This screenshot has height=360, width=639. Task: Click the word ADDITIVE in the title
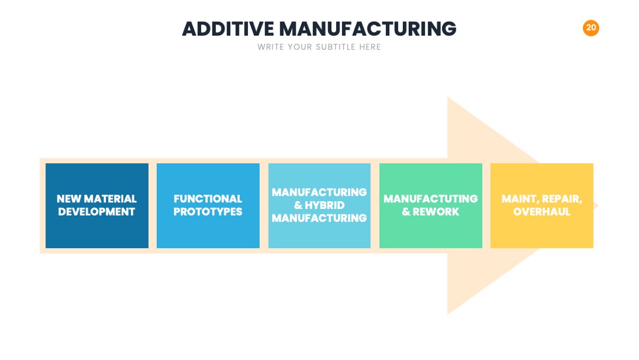pos(228,29)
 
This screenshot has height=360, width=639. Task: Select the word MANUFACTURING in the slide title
pos(367,29)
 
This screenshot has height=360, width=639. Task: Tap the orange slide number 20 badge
pos(591,28)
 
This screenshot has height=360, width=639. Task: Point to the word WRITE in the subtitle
pos(270,47)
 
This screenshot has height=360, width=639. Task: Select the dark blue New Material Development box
pos(97,205)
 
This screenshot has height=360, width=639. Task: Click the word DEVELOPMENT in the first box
pos(96,212)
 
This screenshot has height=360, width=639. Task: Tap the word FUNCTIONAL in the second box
pos(208,199)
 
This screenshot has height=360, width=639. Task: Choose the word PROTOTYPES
pos(208,212)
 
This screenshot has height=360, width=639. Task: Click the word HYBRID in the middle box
pos(325,205)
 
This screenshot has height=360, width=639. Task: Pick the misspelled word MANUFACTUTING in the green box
pos(430,199)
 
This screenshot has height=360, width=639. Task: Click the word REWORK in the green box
pos(436,212)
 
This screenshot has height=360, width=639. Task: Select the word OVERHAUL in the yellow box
pos(541,212)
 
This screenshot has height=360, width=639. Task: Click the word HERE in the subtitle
pos(370,47)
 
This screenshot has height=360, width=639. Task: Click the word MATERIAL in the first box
pos(110,199)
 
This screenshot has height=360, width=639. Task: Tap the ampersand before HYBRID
pos(298,205)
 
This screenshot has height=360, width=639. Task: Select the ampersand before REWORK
pos(406,212)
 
